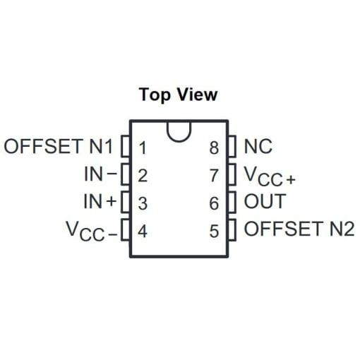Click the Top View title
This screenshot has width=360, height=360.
(178, 95)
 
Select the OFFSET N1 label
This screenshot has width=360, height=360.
(58, 146)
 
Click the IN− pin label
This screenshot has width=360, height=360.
(100, 174)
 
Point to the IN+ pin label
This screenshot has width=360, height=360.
(100, 201)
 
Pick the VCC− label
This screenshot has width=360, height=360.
(92, 231)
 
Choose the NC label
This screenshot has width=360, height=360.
(258, 146)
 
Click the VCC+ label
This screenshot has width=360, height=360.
(270, 176)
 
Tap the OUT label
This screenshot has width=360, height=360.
(265, 201)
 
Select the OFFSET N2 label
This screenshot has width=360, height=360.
(299, 229)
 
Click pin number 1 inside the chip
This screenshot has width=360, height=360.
(143, 148)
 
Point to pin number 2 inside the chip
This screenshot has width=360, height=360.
(143, 175)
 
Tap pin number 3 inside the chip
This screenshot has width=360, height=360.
(143, 203)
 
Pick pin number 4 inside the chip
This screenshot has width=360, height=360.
(143, 231)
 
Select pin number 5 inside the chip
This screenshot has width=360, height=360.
(214, 231)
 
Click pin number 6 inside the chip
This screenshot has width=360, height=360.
(214, 203)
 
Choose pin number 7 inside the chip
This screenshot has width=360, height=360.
(214, 175)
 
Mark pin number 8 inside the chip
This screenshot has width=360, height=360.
(214, 148)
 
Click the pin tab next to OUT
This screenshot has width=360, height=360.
(232, 202)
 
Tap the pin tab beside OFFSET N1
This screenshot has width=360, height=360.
(126, 146)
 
